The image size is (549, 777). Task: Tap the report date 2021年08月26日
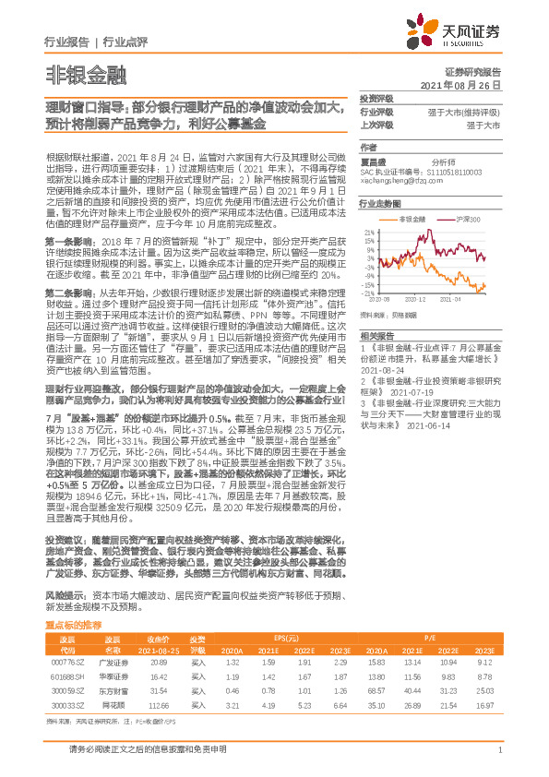465,84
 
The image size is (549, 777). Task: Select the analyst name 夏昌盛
372,160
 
